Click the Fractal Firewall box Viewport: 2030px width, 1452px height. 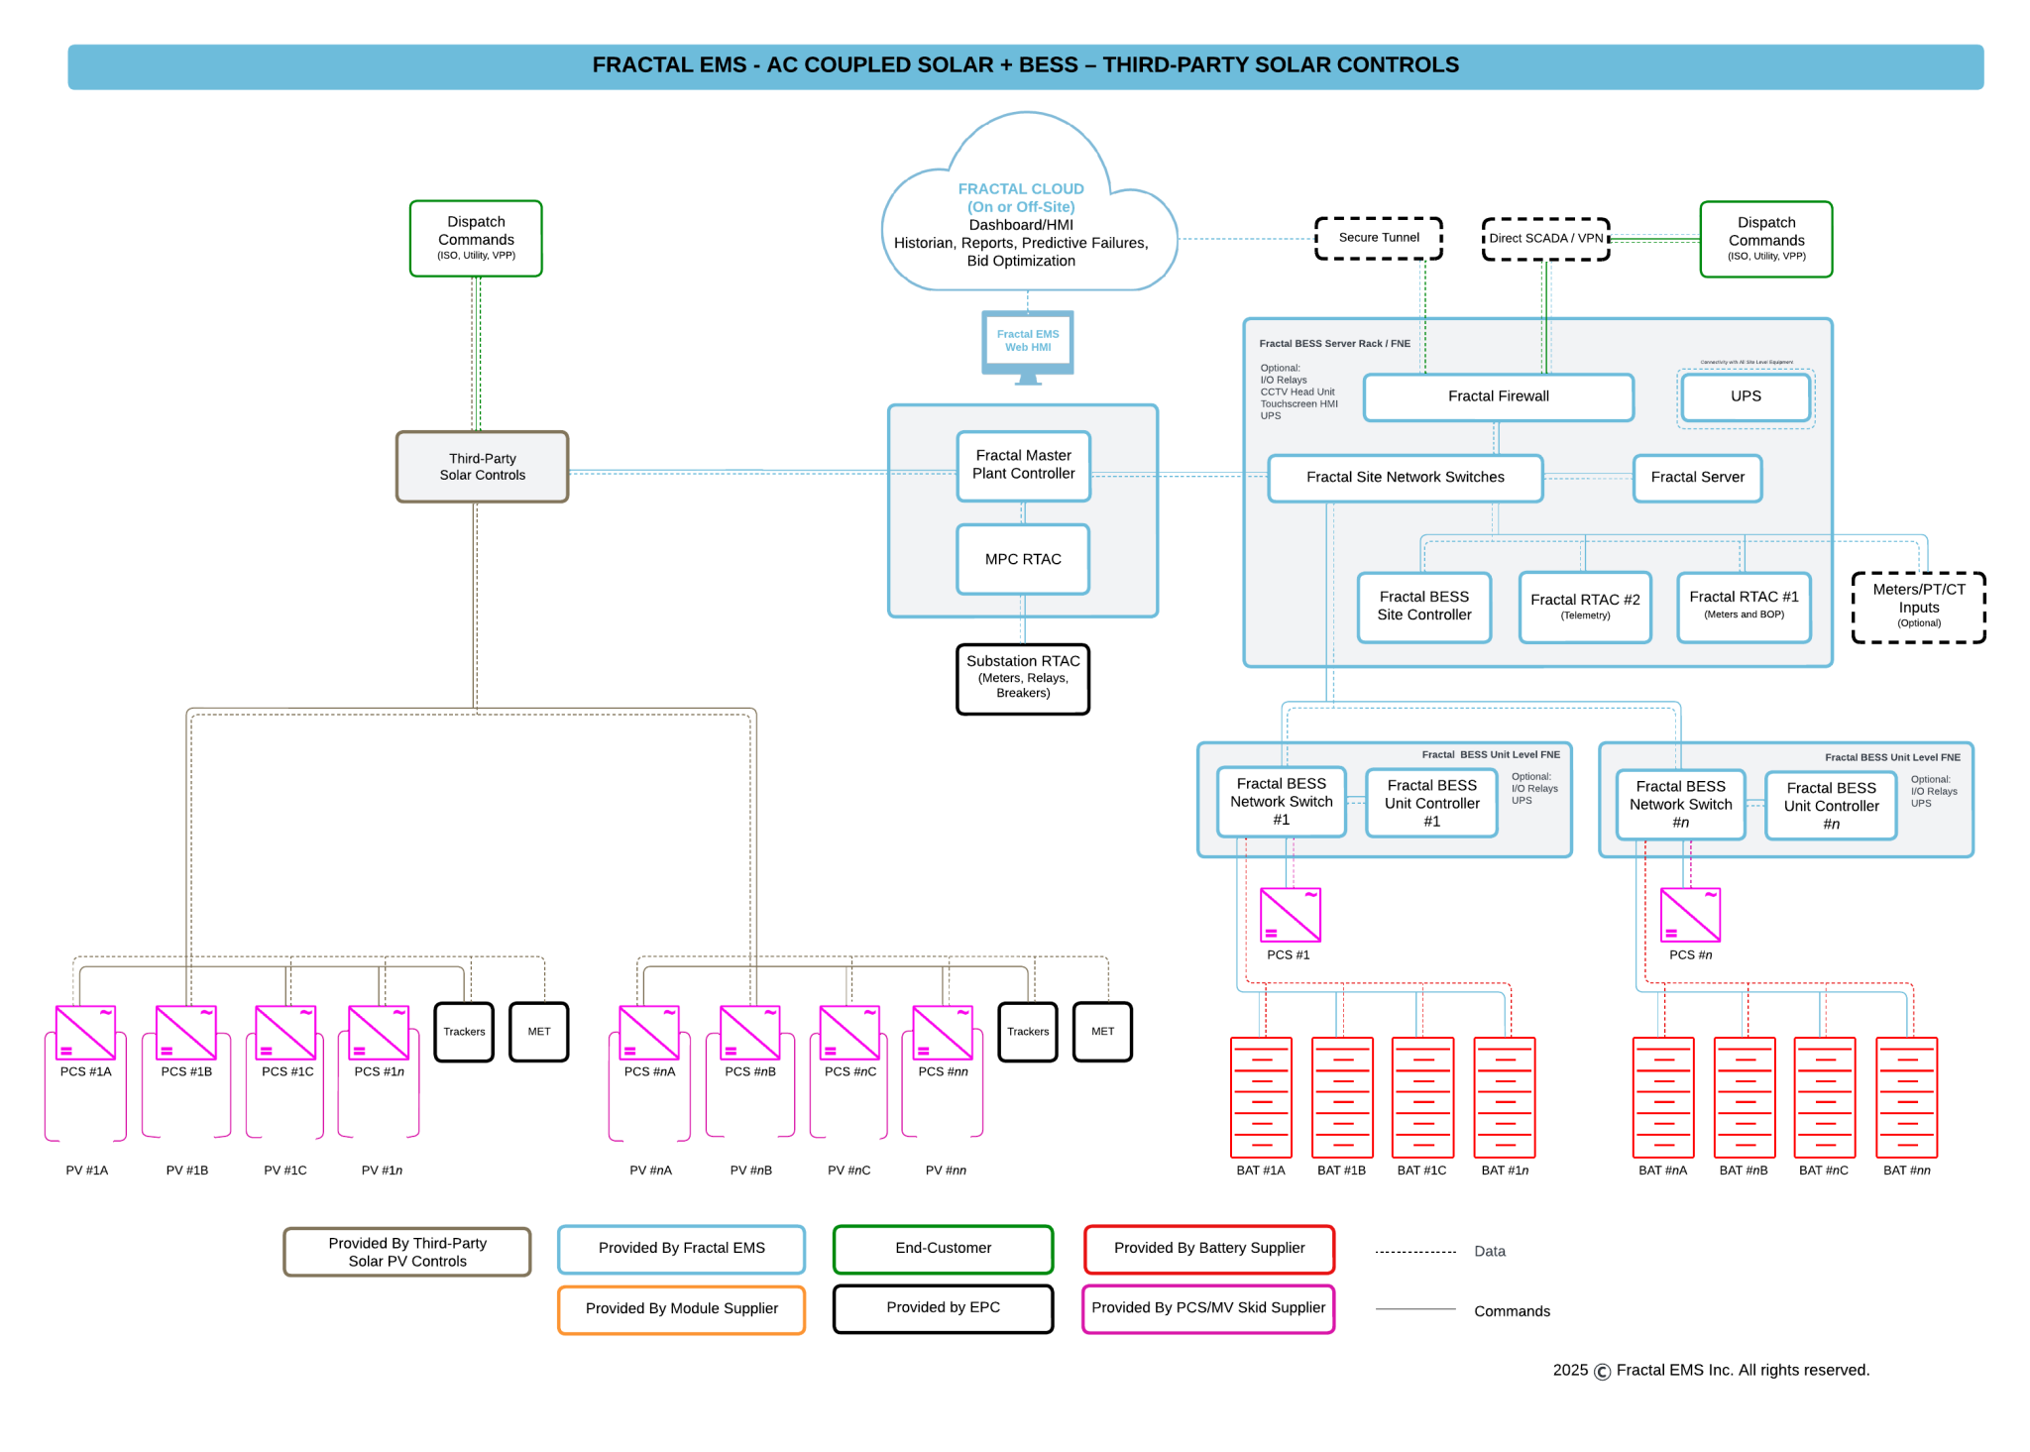tap(1497, 396)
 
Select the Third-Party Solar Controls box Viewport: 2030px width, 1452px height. tap(482, 467)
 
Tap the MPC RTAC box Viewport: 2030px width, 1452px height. tap(1022, 559)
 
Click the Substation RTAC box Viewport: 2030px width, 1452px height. tap(1022, 678)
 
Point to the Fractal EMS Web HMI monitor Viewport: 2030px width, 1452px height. tap(1027, 342)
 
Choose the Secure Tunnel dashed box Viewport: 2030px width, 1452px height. tap(1378, 238)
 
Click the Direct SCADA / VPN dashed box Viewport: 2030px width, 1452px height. tap(1544, 239)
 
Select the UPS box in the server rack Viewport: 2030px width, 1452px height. tap(1745, 396)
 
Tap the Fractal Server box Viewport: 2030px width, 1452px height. tap(1696, 478)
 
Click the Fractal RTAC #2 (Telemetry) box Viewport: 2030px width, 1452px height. tap(1584, 607)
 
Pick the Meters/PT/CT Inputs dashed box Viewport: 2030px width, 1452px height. tap(1918, 607)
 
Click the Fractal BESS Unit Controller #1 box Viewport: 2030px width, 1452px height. tap(1430, 802)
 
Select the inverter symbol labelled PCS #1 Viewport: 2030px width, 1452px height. tap(1290, 914)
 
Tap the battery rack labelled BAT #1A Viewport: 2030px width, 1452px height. tap(1260, 1097)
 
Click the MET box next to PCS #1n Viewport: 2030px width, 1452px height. tap(538, 1032)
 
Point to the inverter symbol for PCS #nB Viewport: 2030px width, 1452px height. tap(749, 1032)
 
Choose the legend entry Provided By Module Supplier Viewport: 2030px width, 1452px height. tap(681, 1308)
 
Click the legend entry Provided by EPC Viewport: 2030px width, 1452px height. tap(943, 1308)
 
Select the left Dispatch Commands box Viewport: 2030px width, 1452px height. tap(476, 238)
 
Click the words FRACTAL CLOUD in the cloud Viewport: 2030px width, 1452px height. tap(1020, 188)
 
